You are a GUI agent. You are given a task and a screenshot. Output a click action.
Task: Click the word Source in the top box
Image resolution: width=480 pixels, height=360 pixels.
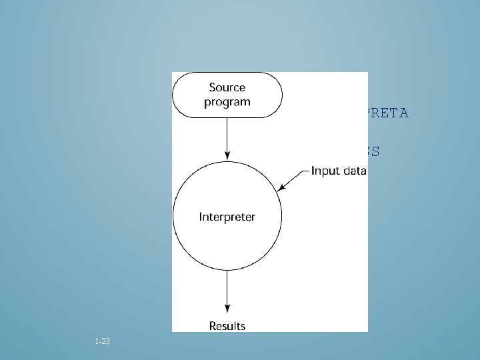227,87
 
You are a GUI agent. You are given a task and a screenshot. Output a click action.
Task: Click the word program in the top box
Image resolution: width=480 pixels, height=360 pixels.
227,102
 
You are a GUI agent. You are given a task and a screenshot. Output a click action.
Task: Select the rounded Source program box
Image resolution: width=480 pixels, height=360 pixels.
227,95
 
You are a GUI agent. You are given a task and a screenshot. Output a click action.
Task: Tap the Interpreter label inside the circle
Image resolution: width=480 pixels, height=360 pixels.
227,217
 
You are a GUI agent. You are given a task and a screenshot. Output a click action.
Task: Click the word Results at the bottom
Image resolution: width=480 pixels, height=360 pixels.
227,326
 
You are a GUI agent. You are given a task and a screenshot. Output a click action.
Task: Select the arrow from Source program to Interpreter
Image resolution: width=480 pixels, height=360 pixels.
227,137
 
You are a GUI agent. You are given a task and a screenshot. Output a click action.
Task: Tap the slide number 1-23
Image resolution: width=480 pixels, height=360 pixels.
103,341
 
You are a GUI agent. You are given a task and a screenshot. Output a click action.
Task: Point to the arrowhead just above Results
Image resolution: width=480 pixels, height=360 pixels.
227,309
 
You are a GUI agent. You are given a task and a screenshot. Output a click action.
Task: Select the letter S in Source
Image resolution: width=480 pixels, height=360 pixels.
213,87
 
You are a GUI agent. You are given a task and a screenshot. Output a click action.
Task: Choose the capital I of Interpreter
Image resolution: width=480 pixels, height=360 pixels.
201,217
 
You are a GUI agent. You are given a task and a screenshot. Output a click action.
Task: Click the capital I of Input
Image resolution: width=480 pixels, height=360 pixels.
313,171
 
